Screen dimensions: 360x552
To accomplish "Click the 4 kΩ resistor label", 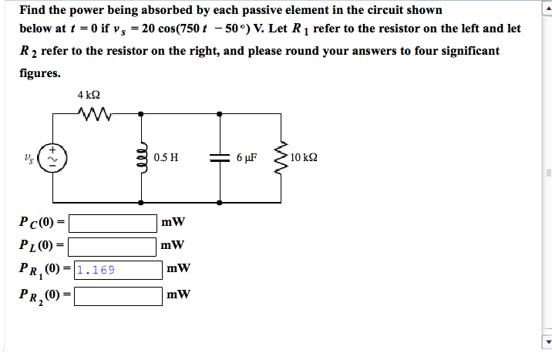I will [x=89, y=95].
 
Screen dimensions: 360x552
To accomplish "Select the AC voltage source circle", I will [x=53, y=160].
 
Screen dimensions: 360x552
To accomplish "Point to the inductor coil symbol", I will [x=140, y=159].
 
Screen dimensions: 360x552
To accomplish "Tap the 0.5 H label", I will [x=166, y=158].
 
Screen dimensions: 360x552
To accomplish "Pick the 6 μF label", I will [x=246, y=158].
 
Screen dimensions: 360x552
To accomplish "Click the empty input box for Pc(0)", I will [x=113, y=224].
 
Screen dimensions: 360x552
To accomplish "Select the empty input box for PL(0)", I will [x=113, y=247].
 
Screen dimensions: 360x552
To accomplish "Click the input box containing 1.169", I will [x=117, y=270].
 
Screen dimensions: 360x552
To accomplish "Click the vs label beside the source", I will [x=29, y=160].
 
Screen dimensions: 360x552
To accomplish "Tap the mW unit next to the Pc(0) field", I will [x=173, y=224].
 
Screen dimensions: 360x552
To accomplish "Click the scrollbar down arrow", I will [x=547, y=344].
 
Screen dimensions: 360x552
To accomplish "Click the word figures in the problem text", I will [x=40, y=73].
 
